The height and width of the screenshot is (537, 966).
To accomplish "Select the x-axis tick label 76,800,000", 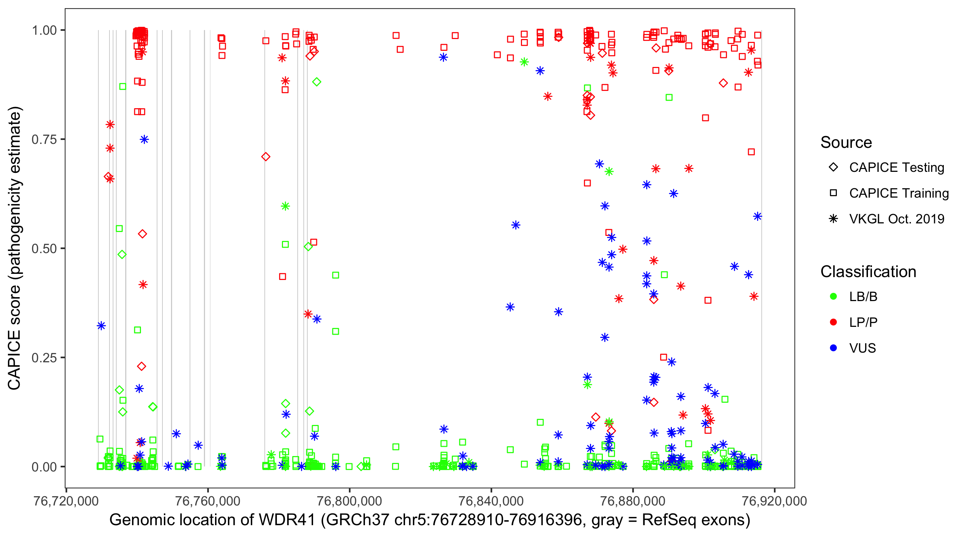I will (x=349, y=501).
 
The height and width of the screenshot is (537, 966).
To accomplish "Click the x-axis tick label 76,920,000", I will (x=774, y=501).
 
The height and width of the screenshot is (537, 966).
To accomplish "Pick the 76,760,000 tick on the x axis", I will (x=208, y=501).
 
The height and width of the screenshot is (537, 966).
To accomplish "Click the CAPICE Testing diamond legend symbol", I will (x=833, y=168).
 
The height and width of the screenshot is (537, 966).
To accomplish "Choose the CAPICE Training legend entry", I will (x=898, y=193).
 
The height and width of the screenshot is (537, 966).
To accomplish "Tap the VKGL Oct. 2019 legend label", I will (x=896, y=219).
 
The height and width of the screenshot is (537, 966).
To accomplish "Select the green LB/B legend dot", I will (x=833, y=296).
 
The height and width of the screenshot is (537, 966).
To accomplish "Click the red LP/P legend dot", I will (x=833, y=322).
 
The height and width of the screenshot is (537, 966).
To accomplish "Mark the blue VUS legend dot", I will (x=833, y=348).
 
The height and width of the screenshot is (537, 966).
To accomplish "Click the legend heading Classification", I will (x=868, y=272).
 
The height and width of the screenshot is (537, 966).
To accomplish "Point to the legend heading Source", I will (x=846, y=142).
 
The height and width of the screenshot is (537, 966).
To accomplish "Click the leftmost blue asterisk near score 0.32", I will (x=101, y=326).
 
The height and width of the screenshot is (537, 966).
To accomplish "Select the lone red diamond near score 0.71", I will (x=266, y=157).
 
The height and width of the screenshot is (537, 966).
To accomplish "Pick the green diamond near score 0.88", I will (x=317, y=82).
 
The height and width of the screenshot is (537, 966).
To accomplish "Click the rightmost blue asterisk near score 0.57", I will (x=757, y=217).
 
